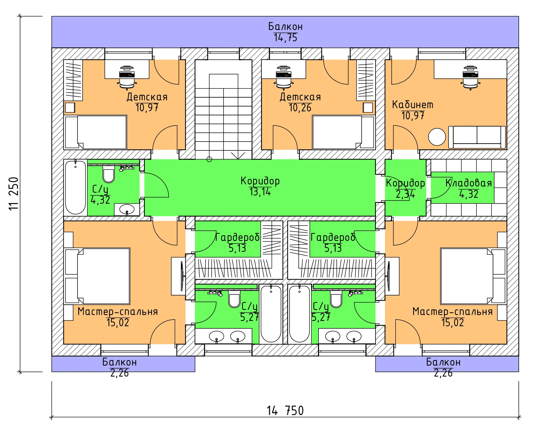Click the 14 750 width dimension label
(285, 411)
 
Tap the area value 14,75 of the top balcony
(285, 38)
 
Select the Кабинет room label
(413, 105)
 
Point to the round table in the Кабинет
(437, 137)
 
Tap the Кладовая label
(469, 183)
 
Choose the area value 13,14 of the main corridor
(260, 192)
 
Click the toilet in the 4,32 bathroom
(109, 174)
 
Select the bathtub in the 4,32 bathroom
(76, 187)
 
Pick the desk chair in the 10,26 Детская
(284, 78)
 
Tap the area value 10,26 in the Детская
(300, 108)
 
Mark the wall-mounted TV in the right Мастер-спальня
(388, 276)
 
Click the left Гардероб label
(238, 237)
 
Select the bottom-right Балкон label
(443, 362)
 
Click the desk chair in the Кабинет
(471, 78)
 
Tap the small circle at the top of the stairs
(209, 160)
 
